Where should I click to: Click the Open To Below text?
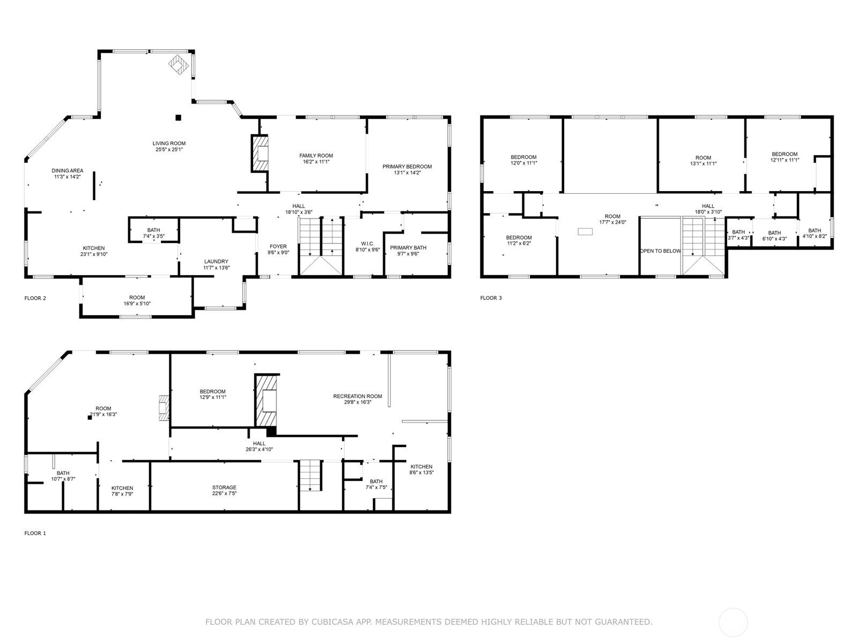click(x=660, y=251)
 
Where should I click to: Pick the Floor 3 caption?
click(x=491, y=298)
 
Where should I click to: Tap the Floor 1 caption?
click(x=35, y=533)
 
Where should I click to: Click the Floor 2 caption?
click(x=35, y=298)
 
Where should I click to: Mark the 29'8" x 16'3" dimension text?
click(x=358, y=402)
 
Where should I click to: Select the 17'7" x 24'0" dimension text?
click(x=612, y=222)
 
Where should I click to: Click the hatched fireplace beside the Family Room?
click(x=260, y=153)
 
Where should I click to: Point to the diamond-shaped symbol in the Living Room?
click(x=179, y=65)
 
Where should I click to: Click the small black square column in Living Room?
click(x=178, y=118)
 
